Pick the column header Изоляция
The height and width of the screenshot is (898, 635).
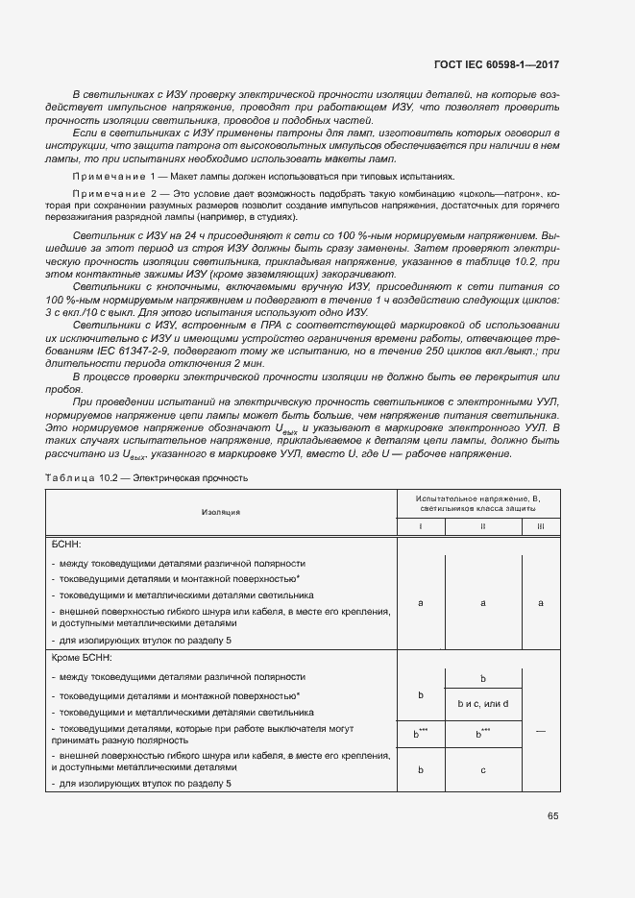(x=221, y=512)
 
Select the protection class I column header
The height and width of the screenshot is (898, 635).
(x=421, y=527)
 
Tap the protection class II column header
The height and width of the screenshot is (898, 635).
(x=482, y=527)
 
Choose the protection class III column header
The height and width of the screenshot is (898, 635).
(x=540, y=527)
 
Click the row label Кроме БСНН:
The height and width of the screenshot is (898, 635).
(x=82, y=658)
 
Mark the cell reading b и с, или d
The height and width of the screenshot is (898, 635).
(x=482, y=704)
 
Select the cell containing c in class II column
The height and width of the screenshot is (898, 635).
(x=482, y=769)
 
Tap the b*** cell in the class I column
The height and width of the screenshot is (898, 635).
(x=421, y=734)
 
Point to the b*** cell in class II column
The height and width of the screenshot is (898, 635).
(x=482, y=734)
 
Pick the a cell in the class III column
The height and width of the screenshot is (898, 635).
(x=540, y=602)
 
